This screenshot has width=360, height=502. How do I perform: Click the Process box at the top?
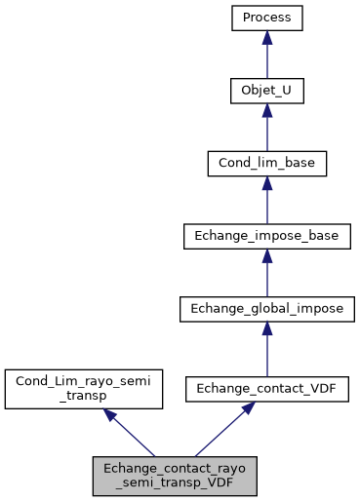[x=266, y=18]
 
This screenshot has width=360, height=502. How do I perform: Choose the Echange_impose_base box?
[x=266, y=236]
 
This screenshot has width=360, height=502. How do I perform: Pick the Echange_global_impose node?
[x=266, y=309]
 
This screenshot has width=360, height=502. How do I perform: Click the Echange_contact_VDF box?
[x=266, y=388]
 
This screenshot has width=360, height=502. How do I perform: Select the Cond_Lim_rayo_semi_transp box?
[x=84, y=388]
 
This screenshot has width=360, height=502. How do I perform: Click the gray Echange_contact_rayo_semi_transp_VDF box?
[x=176, y=473]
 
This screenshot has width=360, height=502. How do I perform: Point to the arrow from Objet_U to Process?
[x=266, y=57]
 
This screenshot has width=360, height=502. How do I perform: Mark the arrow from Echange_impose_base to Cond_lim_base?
[x=266, y=202]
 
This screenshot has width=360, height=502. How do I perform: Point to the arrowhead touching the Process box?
[x=266, y=37]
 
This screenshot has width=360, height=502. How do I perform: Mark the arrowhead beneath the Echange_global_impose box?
[x=266, y=329]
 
